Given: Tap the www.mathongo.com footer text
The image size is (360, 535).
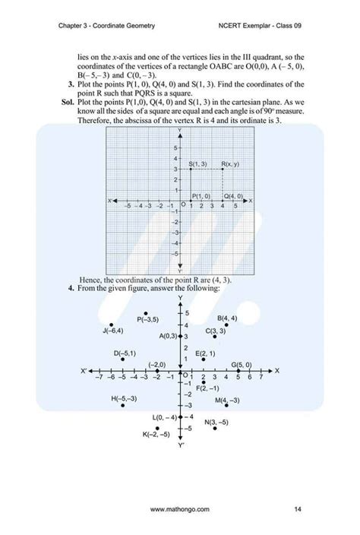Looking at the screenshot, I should pos(180,509).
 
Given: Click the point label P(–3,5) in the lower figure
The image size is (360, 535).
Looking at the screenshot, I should pos(147,320).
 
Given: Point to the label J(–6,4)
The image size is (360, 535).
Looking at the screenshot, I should pos(112,330).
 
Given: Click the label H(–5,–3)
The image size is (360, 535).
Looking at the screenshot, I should pos(124,398).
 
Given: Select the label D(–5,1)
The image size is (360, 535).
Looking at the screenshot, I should pos(125,353).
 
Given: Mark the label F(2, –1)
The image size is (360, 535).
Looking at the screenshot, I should pos(208,388).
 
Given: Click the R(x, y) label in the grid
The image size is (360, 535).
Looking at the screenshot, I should pos(230,164).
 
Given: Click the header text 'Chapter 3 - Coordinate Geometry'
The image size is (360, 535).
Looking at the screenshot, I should pos(106,26).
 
